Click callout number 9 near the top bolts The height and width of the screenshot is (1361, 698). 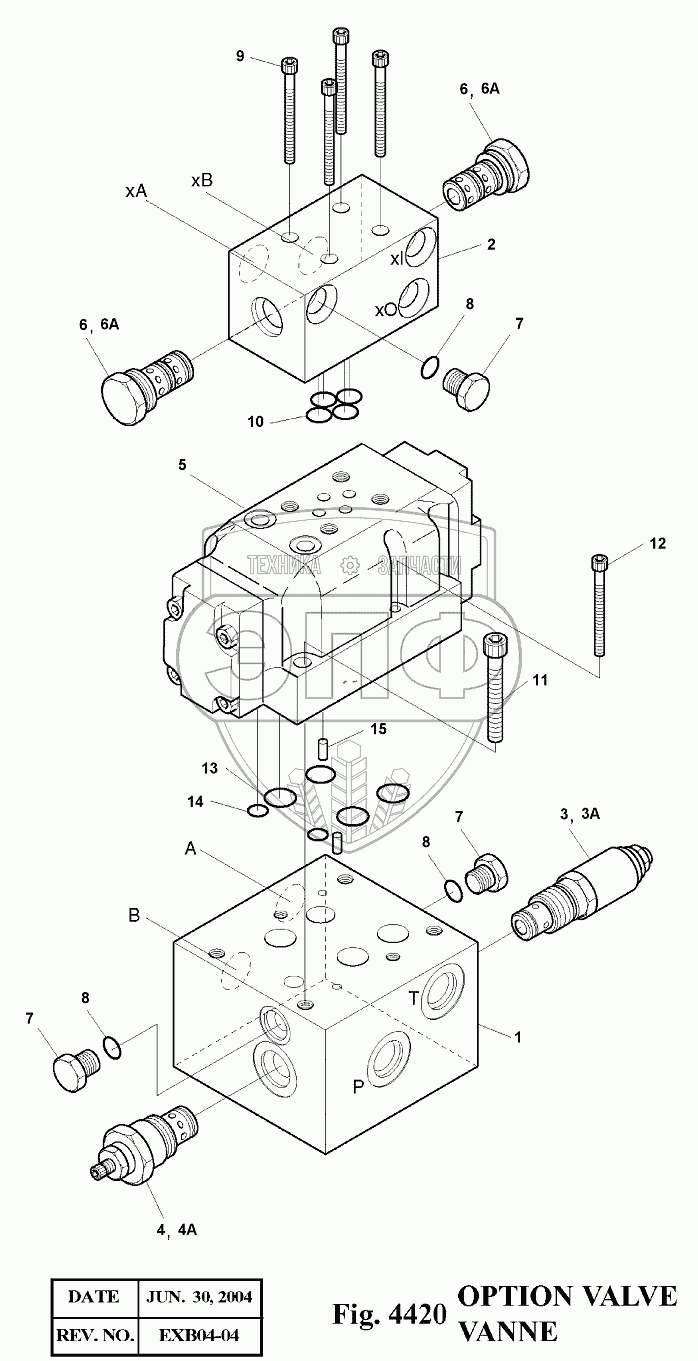pyautogui.click(x=240, y=56)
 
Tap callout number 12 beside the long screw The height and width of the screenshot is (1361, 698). pyautogui.click(x=656, y=544)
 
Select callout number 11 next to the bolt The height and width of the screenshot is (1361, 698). pyautogui.click(x=540, y=681)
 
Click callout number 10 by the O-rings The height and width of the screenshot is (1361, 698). pyautogui.click(x=256, y=421)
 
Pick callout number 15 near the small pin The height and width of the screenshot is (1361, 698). pyautogui.click(x=377, y=729)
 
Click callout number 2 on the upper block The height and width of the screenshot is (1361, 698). pyautogui.click(x=491, y=243)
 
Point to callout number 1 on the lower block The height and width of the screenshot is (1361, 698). pyautogui.click(x=518, y=1037)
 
